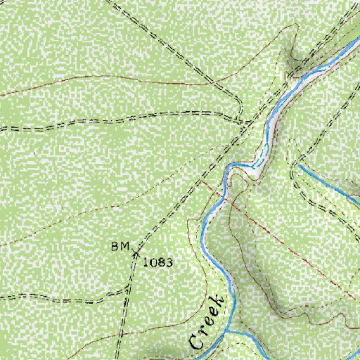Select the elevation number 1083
coord(158,262)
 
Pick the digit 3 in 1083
coord(169,262)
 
